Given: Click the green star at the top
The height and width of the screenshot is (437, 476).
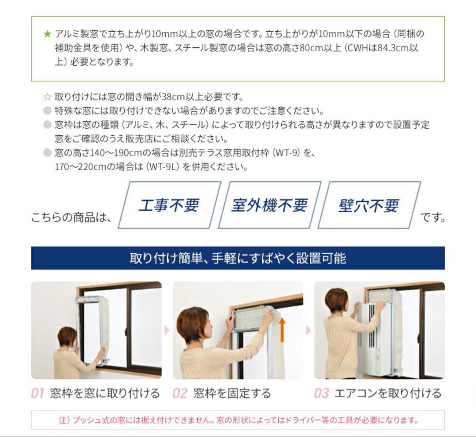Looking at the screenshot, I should coord(47,34).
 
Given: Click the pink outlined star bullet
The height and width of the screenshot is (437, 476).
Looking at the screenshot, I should coord(47,97).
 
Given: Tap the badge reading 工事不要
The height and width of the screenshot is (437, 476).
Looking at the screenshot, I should coord(169,205).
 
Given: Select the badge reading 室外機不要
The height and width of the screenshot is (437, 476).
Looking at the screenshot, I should coord(269,205).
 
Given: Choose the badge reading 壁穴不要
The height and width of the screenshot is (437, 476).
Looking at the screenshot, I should coord(369,205).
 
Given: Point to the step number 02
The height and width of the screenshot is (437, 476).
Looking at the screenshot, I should coord(180,393).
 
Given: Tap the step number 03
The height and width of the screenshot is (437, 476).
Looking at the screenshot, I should coord(321,393).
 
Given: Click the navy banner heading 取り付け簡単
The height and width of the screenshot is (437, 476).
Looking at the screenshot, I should coord(238,258).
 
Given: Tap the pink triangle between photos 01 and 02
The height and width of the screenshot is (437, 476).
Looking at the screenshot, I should coord(167,330).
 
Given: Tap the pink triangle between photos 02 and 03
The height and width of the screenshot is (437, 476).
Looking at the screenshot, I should coord(309,330).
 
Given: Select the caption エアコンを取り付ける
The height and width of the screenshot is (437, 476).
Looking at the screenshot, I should coord(388,393).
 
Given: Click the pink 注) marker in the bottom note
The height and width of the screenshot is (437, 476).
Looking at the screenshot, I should coord(64,420).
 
